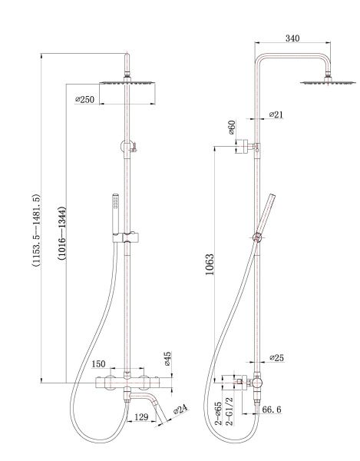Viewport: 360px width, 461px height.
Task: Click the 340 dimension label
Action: coord(292,38)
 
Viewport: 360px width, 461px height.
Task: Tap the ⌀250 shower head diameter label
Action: coord(85,100)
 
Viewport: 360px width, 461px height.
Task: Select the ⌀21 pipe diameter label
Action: coord(276,114)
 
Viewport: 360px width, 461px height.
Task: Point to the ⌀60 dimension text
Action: coord(232,127)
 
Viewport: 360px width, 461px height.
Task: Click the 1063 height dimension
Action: coord(210,264)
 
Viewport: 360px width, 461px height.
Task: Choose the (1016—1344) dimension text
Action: coord(62,233)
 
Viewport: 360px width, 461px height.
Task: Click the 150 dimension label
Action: coord(98,364)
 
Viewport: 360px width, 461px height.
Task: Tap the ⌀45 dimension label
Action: coord(167,358)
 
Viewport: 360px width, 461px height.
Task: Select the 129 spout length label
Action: coord(141,417)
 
